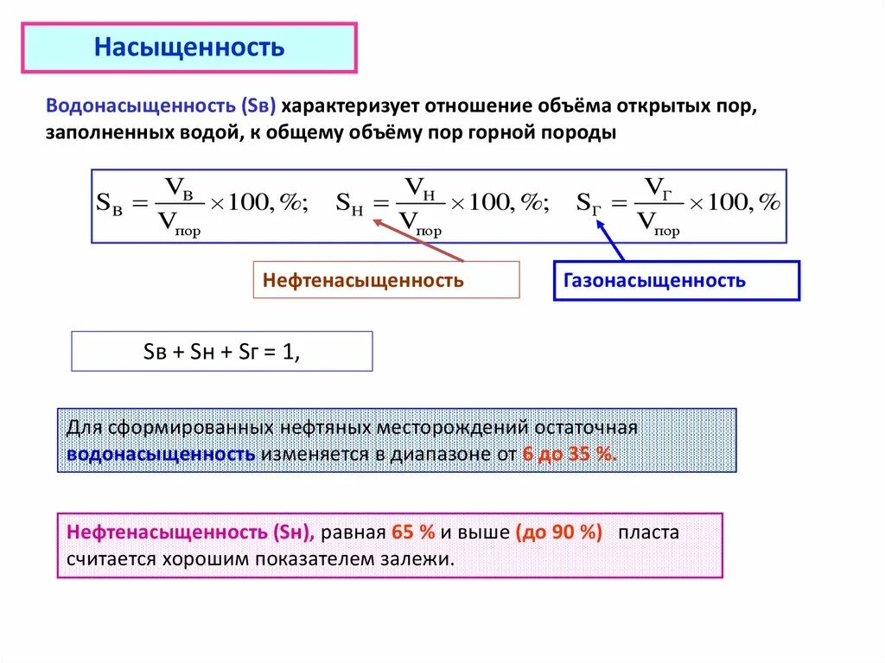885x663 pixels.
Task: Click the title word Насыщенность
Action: click(x=188, y=48)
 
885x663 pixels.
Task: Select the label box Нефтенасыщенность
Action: click(x=364, y=280)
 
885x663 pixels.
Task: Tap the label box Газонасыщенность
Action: click(x=654, y=280)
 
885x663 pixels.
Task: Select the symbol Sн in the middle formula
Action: click(x=350, y=204)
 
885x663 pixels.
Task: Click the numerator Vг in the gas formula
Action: click(x=659, y=188)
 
